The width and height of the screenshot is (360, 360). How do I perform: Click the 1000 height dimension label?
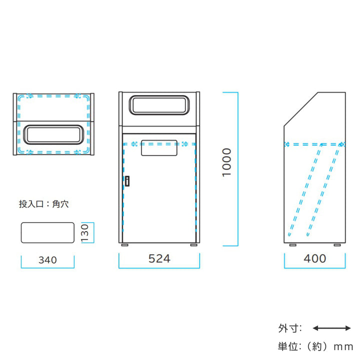click(x=227, y=162)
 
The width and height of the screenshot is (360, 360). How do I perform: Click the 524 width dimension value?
click(x=159, y=258)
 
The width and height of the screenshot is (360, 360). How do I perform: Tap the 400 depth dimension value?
click(x=315, y=258)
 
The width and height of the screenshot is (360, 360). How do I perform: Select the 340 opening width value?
click(x=47, y=260)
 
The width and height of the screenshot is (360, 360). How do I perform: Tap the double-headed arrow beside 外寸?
click(x=331, y=328)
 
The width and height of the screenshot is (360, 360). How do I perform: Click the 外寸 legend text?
click(x=290, y=328)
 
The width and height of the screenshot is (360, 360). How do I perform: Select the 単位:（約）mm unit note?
click(x=315, y=345)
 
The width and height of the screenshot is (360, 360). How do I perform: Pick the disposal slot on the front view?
click(x=159, y=104)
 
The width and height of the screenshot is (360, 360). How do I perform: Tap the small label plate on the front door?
click(x=159, y=148)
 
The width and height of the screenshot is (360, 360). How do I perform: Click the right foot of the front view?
click(x=193, y=245)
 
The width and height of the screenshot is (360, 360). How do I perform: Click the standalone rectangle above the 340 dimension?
click(x=47, y=233)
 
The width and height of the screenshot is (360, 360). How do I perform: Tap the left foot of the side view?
click(x=292, y=245)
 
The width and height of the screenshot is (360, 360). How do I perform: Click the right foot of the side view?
click(x=338, y=245)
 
